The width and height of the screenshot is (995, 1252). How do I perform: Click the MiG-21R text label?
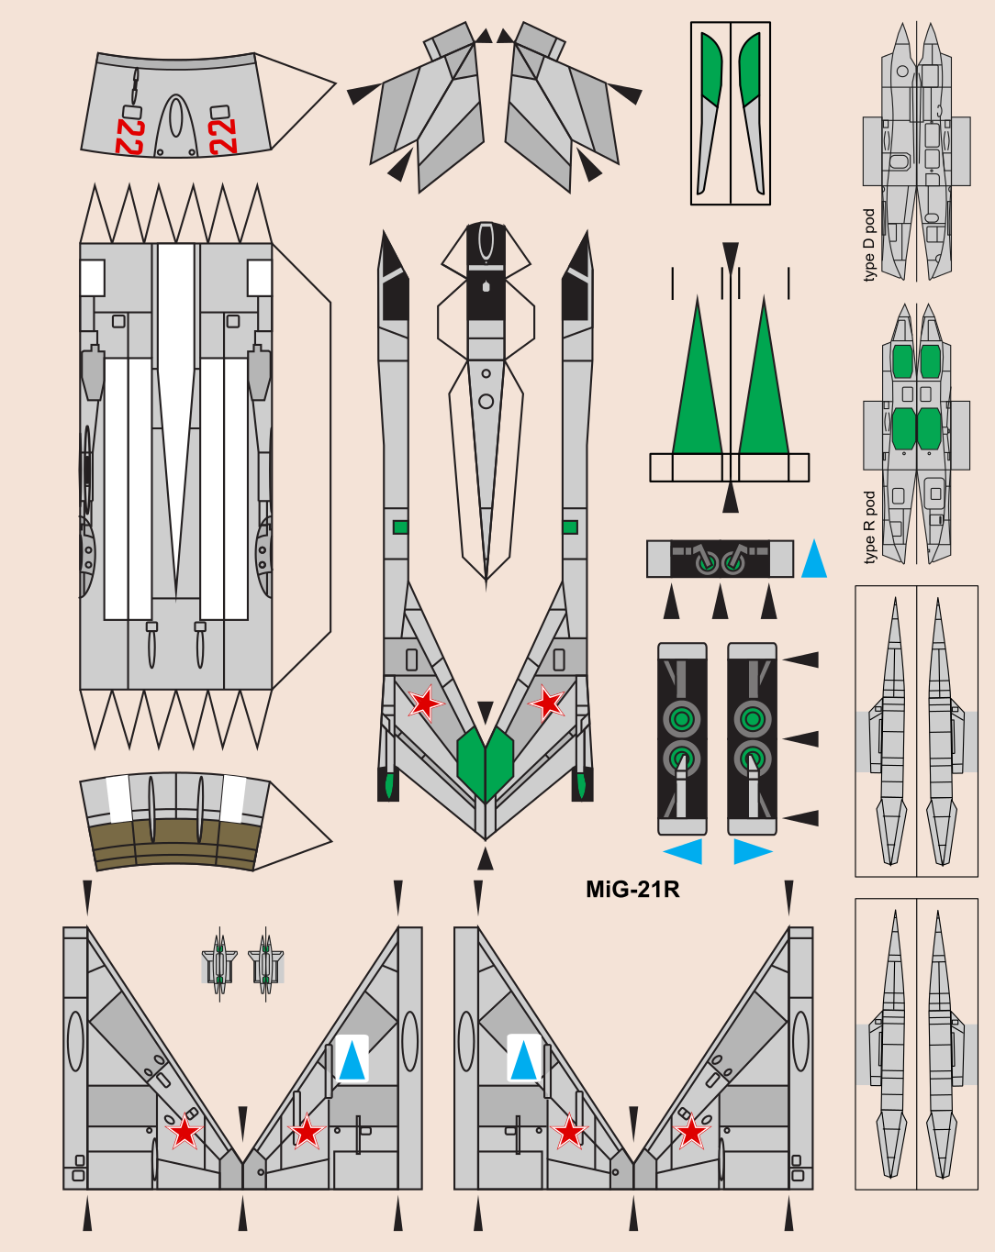[x=632, y=889]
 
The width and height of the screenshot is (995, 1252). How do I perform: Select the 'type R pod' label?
[x=869, y=527]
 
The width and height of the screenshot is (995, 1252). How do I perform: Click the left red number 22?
[x=129, y=137]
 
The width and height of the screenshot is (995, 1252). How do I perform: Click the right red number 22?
[x=222, y=137]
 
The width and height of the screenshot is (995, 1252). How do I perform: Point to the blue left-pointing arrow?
[x=684, y=851]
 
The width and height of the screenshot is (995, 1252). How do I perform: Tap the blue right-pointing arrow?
[x=752, y=851]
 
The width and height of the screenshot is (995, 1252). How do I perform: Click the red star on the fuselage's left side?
[x=424, y=704]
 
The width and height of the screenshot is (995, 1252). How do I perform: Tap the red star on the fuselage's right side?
[x=548, y=704]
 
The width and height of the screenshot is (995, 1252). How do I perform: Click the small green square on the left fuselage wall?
[x=400, y=527]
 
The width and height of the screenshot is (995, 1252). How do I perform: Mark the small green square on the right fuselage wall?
[x=570, y=527]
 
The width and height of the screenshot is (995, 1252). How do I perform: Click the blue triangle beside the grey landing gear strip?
[x=813, y=560]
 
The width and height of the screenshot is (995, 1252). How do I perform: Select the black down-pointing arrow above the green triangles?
[x=730, y=257]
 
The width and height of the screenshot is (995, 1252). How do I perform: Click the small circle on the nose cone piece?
[x=486, y=401]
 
